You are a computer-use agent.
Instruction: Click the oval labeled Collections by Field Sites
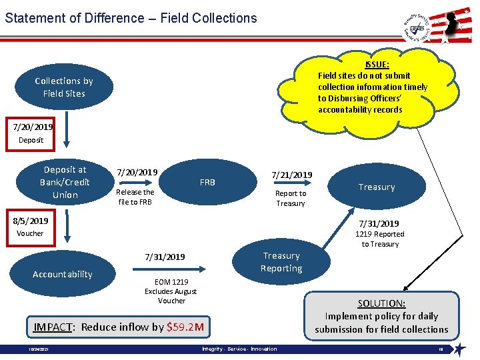[x=64, y=87]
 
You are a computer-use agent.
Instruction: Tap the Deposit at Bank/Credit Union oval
[x=65, y=182]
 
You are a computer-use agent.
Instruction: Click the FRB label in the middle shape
[x=207, y=182]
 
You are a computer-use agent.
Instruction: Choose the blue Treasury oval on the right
[x=377, y=187]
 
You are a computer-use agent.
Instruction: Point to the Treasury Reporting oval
[x=281, y=262]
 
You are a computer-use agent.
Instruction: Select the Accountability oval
[x=63, y=274]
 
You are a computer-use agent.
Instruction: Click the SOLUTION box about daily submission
[x=381, y=316]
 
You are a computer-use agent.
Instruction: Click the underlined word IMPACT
[x=53, y=327]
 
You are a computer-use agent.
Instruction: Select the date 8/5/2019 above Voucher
[x=30, y=221]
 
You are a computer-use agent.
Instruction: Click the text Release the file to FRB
[x=135, y=197]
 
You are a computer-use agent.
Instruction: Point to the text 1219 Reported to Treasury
[x=379, y=239]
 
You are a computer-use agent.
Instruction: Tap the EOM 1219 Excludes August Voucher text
[x=171, y=291]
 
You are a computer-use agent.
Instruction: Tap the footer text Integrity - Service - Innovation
[x=239, y=349]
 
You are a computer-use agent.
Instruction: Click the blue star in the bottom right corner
[x=459, y=349]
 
